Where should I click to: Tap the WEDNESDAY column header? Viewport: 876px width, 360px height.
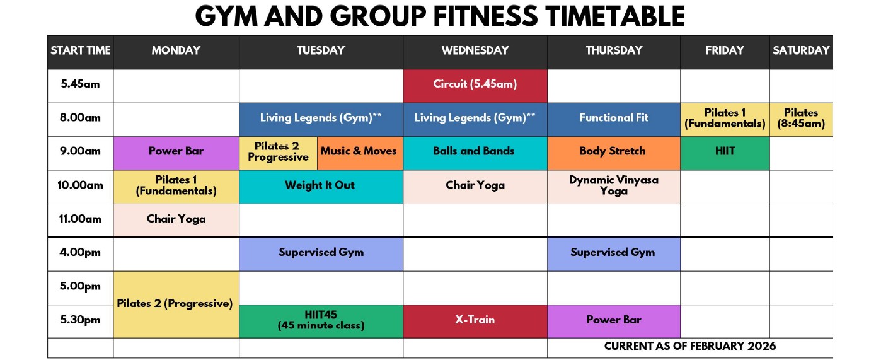pyautogui.click(x=475, y=50)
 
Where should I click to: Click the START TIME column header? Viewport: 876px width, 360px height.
pyautogui.click(x=81, y=50)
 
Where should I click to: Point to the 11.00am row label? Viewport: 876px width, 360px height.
pyautogui.click(x=80, y=219)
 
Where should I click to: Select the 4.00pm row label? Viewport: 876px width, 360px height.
pyautogui.click(x=80, y=252)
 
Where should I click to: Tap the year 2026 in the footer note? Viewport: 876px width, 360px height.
pyautogui.click(x=761, y=346)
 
